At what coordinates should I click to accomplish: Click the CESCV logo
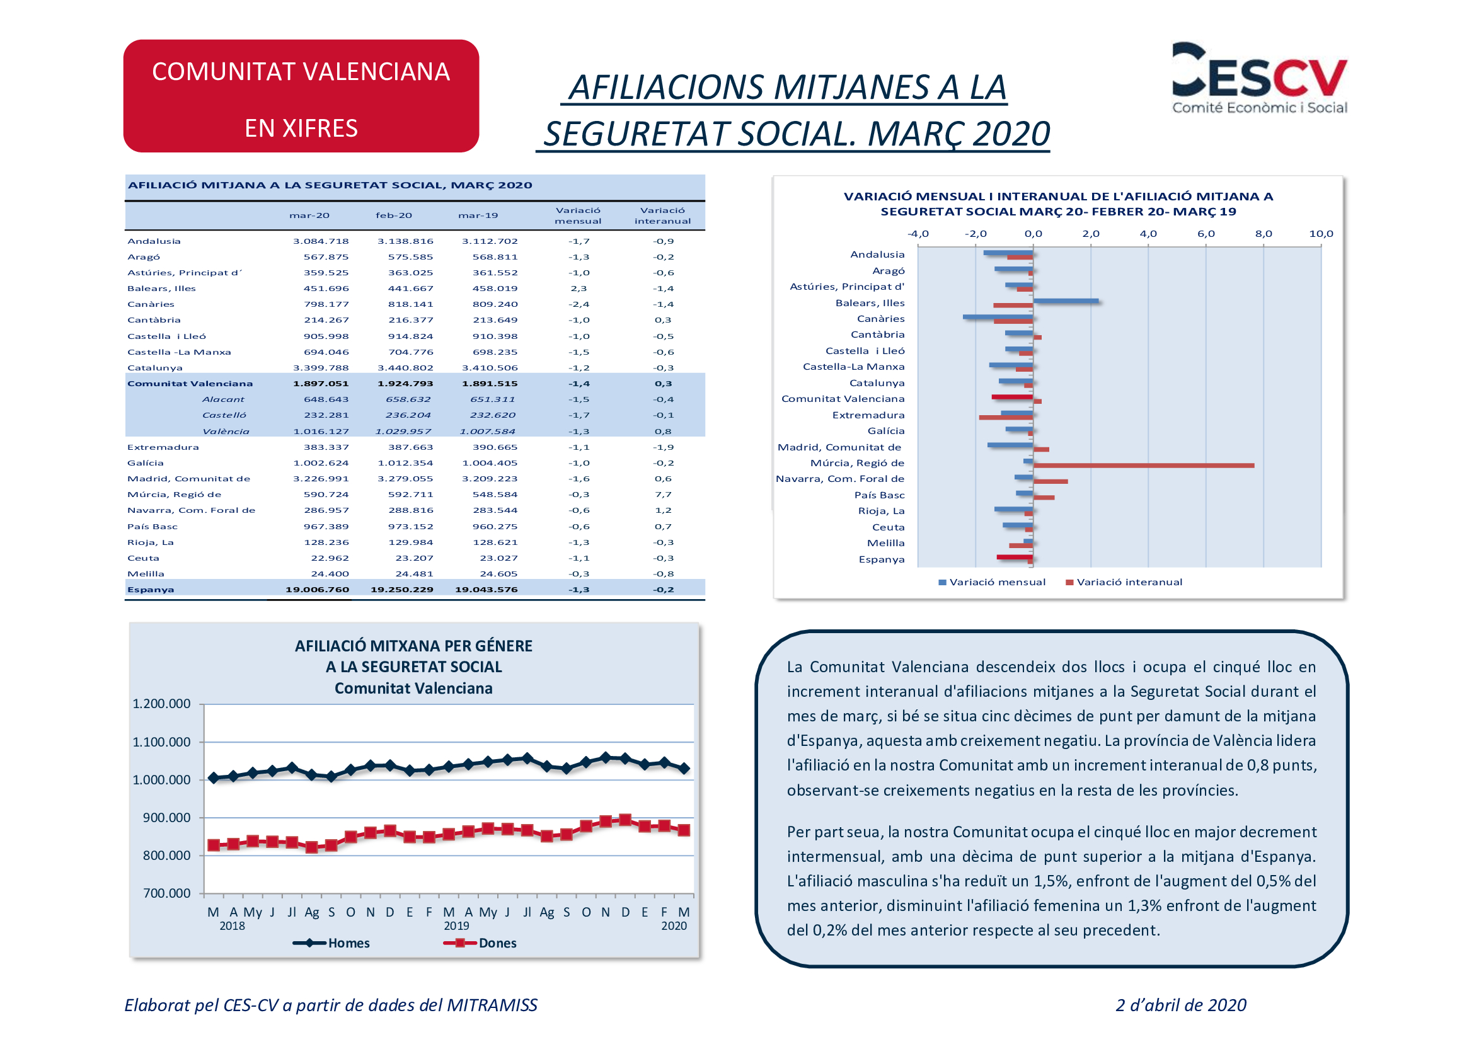point(1259,78)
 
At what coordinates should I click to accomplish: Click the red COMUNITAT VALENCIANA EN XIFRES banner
point(301,96)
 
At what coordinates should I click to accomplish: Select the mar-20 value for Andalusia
point(321,241)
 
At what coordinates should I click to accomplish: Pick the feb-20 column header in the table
point(393,215)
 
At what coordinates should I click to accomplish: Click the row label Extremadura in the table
point(163,447)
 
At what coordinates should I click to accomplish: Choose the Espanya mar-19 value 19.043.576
point(486,590)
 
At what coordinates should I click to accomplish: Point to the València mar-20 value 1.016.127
point(321,431)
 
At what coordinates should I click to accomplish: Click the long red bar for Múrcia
point(1143,466)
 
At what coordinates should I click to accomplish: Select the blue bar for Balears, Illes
point(1066,301)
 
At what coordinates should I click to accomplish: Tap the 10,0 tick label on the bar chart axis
point(1321,234)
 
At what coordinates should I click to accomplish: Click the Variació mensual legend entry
point(992,582)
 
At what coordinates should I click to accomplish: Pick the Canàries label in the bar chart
point(881,319)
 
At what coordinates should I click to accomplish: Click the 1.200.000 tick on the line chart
point(161,704)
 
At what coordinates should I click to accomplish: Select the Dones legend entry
point(480,943)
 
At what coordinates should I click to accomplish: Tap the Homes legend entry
point(331,943)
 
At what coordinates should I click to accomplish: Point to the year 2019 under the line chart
point(456,926)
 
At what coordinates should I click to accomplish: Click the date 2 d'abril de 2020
point(1181,1005)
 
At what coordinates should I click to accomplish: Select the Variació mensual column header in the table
point(579,215)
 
